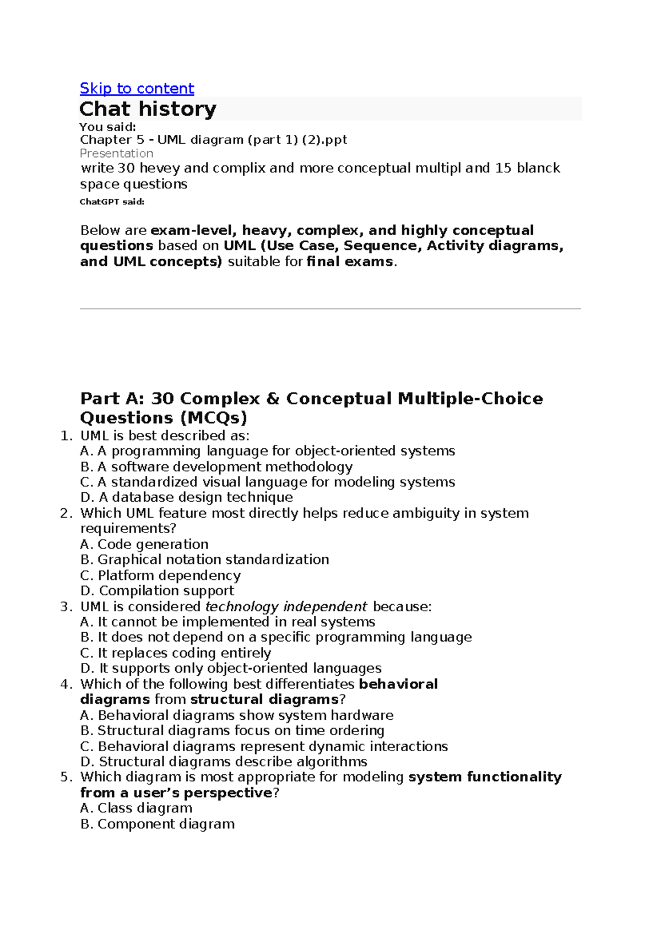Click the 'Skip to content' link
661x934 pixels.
pos(137,88)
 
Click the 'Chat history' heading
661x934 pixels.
pos(148,108)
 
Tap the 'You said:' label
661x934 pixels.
pos(107,127)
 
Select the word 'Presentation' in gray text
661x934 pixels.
pos(116,153)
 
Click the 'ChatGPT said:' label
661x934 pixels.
pos(112,202)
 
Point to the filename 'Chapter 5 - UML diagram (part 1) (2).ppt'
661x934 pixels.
pos(213,140)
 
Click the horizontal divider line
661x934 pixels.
pos(330,309)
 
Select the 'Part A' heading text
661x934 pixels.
pos(311,408)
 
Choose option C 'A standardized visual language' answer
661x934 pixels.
pos(268,482)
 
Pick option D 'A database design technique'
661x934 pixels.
pos(187,497)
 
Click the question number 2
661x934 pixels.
pos(66,513)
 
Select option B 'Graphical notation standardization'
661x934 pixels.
pos(205,560)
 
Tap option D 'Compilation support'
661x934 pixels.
pos(158,590)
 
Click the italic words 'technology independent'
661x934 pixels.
pos(286,606)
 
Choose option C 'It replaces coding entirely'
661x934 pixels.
pos(176,653)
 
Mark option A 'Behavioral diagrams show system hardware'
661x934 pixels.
pos(237,715)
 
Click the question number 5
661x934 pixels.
pos(66,777)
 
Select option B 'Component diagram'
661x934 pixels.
pos(158,824)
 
